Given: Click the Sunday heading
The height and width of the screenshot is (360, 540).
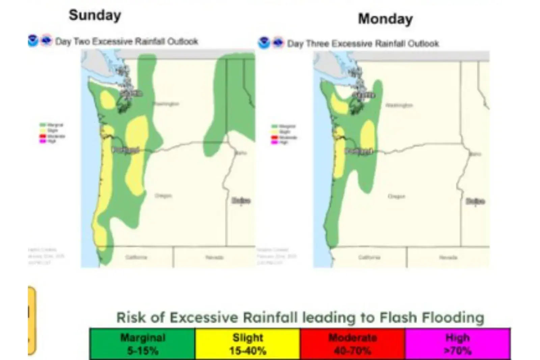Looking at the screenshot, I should [x=95, y=15].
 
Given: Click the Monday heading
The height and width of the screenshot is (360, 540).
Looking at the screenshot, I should [x=385, y=19].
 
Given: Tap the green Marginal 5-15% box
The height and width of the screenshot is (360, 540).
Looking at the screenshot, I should [x=142, y=344].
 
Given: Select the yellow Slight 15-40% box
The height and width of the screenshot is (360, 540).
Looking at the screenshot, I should [x=248, y=344].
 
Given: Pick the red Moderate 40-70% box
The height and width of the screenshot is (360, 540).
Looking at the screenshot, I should [x=353, y=344].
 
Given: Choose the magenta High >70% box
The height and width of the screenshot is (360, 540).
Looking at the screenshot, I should [x=458, y=344].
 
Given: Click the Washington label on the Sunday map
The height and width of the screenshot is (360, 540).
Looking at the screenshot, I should [x=166, y=104].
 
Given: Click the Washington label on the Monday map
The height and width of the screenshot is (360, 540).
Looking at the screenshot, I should [x=399, y=105].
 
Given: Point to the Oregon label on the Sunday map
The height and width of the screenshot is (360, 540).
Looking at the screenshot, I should [x=163, y=196].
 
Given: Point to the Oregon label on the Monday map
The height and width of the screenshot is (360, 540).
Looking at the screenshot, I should [x=397, y=196].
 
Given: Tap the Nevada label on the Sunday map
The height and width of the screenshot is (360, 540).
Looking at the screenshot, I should [x=214, y=257].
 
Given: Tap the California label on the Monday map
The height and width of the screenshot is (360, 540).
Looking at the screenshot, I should [x=369, y=257].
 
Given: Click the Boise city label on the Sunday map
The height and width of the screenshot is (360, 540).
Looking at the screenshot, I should [x=241, y=201].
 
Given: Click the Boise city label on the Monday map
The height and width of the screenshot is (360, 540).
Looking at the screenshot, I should [x=475, y=201].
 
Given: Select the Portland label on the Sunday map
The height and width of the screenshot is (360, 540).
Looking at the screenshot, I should [x=126, y=150].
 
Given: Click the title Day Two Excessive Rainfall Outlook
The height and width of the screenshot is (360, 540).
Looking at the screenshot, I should [x=127, y=42].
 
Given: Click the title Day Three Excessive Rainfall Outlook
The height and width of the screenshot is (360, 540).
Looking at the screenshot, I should [x=363, y=44].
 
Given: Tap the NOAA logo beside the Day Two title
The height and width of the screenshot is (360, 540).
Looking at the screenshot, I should [x=33, y=41].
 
